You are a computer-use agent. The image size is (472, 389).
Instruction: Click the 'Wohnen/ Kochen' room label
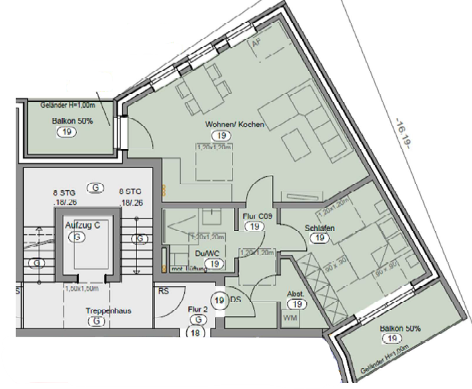coord(234,125)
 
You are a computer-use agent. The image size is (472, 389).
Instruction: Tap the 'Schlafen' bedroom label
coord(319,228)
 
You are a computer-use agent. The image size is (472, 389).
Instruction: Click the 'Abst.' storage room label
coord(295,294)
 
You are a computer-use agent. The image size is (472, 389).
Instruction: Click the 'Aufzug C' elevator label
coord(83,225)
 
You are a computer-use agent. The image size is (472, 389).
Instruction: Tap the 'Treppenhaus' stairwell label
coord(98,311)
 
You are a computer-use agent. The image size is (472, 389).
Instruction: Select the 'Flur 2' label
coord(197,309)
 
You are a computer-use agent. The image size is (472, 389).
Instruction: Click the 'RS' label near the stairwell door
coord(164,290)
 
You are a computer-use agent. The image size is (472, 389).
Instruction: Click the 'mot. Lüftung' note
coord(189,270)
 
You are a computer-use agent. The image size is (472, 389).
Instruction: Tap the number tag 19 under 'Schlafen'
coord(319,238)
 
